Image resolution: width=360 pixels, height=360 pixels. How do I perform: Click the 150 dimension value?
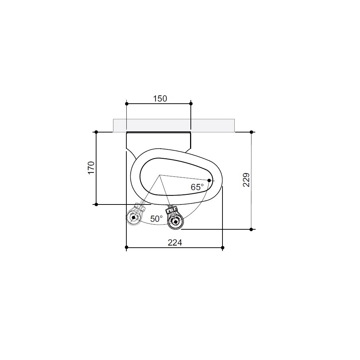coord(160,99)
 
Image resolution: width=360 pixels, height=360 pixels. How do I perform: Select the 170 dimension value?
coord(91,168)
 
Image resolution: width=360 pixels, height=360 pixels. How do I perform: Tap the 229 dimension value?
coord(246,180)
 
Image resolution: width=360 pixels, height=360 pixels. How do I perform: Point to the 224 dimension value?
coord(175,242)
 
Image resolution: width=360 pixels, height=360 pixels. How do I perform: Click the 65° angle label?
coord(197,187)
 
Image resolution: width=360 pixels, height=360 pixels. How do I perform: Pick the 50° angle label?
coord(156,219)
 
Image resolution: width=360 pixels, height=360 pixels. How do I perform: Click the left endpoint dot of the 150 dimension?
coord(126,104)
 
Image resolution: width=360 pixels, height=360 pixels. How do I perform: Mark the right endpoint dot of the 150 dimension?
coord(191,104)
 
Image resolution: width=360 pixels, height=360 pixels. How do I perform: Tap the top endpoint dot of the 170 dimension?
coord(96,132)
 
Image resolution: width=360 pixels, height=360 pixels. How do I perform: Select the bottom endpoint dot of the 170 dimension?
coord(96,204)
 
